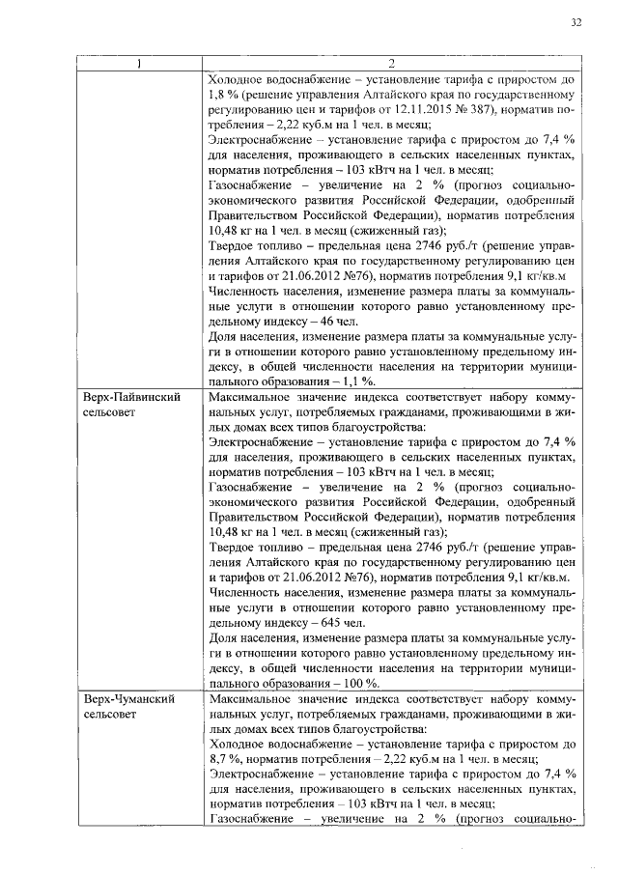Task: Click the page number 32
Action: pyautogui.click(x=576, y=22)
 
